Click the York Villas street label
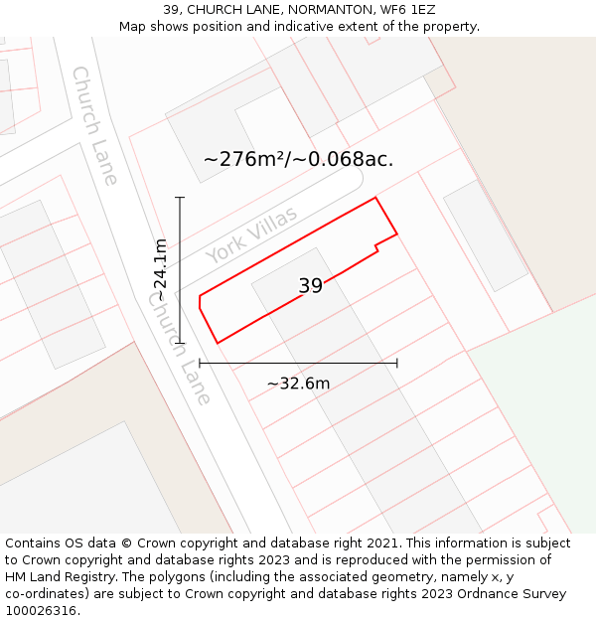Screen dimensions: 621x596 coord(251,235)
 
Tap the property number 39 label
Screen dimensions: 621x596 coord(310,286)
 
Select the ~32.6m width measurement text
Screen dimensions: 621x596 coord(298,384)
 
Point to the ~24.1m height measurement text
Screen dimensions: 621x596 coord(160,270)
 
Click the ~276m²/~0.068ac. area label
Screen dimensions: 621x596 coord(298,159)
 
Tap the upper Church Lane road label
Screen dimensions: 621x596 coord(95,125)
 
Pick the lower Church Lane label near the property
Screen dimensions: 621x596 coord(180,354)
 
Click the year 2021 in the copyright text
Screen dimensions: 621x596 coord(383,543)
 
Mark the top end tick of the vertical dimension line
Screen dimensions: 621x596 coord(180,198)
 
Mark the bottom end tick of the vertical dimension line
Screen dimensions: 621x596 coord(180,343)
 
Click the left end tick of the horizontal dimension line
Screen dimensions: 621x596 coord(200,363)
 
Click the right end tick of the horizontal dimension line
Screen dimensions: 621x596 coord(396,363)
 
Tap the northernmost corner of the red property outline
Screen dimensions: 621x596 coord(375,198)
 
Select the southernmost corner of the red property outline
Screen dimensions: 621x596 coord(218,344)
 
